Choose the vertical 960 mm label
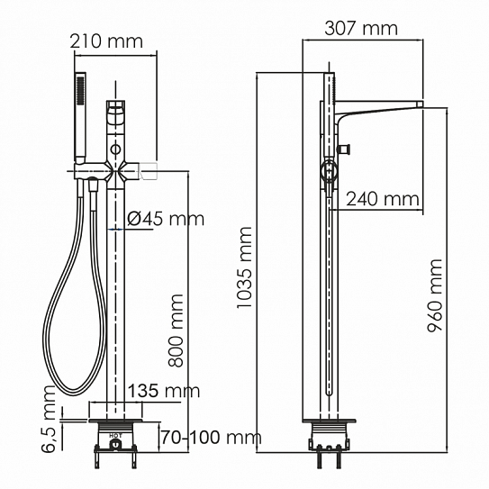point(435,296)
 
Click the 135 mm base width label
point(163,391)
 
